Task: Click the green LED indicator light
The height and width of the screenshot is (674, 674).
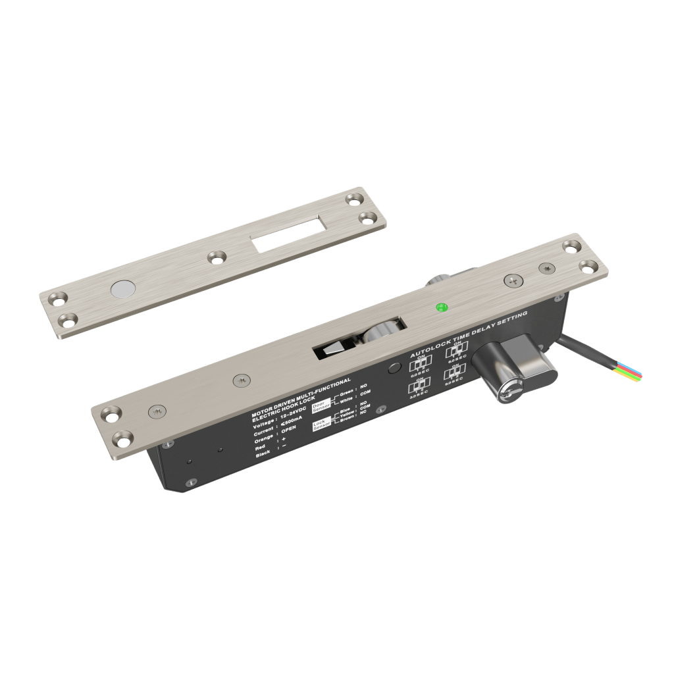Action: [x=442, y=307]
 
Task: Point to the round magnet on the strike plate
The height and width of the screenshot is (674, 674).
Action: [x=122, y=289]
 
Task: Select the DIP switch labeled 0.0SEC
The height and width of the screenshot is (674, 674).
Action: [x=419, y=365]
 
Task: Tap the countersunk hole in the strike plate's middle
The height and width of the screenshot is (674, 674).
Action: [x=215, y=257]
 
